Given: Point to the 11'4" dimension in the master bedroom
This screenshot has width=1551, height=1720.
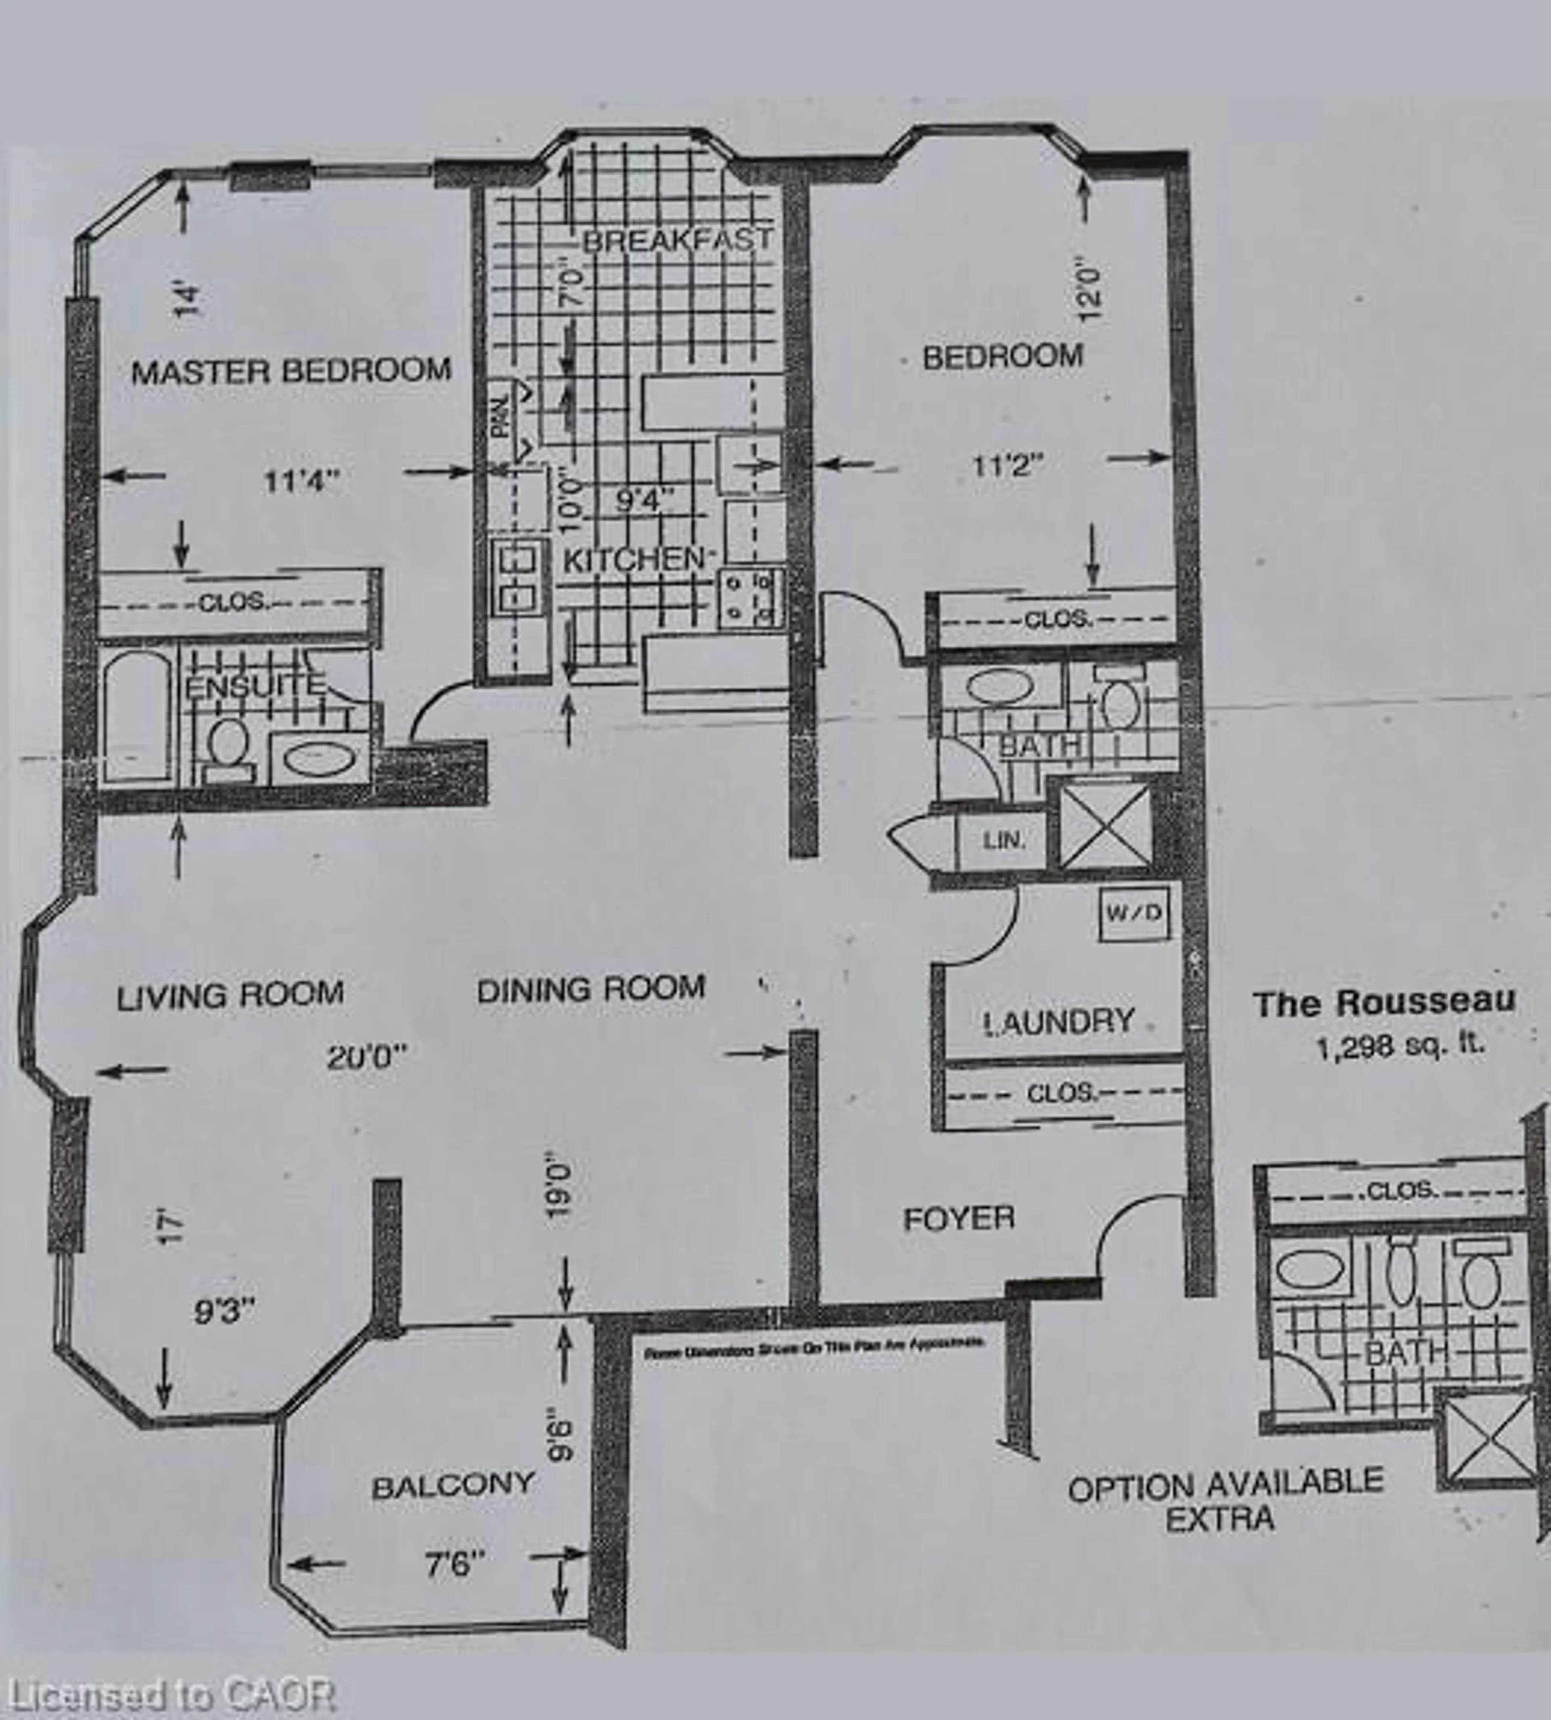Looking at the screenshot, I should pos(301,482).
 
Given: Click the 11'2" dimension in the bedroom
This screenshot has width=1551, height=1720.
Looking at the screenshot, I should pos(1008,466).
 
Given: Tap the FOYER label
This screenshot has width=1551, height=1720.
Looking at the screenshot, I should pos(959,1219).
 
